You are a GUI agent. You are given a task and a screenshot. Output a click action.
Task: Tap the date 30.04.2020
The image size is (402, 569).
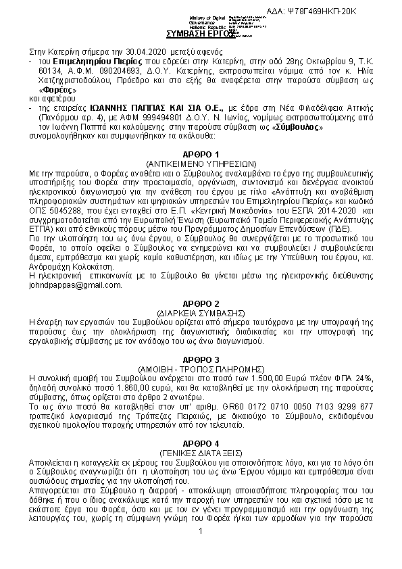[x=153, y=51]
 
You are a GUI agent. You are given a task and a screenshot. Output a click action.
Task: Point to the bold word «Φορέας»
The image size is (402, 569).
[x=57, y=90]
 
